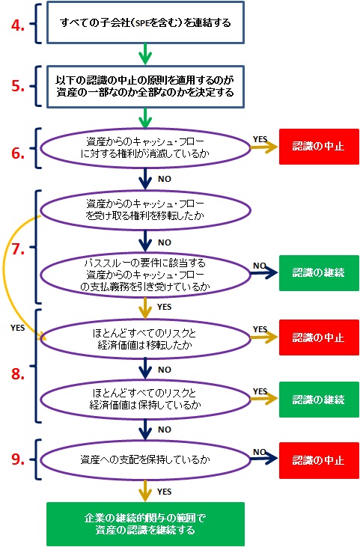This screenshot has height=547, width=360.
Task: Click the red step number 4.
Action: pos(17,25)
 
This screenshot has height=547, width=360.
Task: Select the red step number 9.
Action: pos(18,459)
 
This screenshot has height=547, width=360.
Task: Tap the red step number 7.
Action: pos(18,249)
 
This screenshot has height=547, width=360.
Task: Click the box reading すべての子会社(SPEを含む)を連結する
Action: pos(145,22)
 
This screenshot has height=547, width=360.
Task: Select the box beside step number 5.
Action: pos(145,87)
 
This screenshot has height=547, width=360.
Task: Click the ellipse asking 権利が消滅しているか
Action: pos(145,148)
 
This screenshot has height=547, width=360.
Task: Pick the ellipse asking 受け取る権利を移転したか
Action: pos(145,210)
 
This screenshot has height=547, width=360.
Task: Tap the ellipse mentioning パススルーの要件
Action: pos(145,275)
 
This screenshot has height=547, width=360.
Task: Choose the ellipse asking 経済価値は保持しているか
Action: pos(145,400)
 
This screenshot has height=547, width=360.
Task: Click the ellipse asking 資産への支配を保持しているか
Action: pos(145,459)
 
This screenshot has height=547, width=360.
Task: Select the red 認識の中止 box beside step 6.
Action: pos(319,147)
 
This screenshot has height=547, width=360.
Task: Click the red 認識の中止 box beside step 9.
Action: pos(319,460)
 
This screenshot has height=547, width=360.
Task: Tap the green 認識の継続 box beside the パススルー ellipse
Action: pos(319,273)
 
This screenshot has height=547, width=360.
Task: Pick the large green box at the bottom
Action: pos(145,524)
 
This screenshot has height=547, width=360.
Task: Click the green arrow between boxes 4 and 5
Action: pos(145,55)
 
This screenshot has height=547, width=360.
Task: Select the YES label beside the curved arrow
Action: pos(17,328)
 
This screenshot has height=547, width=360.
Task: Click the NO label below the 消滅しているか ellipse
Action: pos(165,179)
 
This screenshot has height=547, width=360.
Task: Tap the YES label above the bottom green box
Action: pos(164,492)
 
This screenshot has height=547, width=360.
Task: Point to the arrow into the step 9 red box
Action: pos(264,459)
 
